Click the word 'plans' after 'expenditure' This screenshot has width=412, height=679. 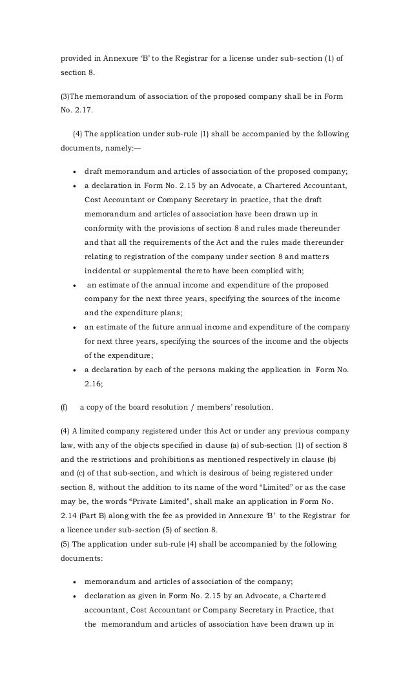[x=168, y=311]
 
